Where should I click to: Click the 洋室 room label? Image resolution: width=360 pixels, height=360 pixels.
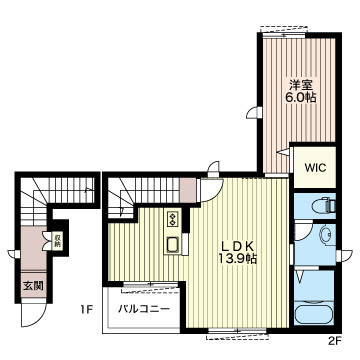tap(301, 85)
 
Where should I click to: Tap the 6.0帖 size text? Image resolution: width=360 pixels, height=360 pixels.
tap(300, 98)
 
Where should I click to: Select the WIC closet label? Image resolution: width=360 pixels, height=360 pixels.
tap(315, 168)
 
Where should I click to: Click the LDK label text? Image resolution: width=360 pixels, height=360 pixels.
tap(239, 246)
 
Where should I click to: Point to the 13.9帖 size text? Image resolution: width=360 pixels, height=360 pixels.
tap(238, 258)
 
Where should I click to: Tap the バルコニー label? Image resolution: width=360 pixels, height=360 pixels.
tap(144, 309)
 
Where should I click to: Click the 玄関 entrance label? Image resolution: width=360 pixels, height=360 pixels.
tap(33, 286)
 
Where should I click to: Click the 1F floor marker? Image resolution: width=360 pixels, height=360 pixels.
tap(85, 310)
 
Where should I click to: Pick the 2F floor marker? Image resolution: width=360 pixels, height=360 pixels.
tap(336, 341)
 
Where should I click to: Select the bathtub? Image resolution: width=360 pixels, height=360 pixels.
tap(314, 313)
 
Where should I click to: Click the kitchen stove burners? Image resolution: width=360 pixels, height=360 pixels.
tap(173, 218)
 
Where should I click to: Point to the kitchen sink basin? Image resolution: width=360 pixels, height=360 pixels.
tap(173, 245)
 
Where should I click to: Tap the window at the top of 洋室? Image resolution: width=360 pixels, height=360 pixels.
tap(283, 34)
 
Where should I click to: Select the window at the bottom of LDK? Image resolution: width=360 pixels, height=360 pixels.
tap(237, 331)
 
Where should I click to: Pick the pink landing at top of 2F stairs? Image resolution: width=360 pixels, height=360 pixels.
tap(188, 190)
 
